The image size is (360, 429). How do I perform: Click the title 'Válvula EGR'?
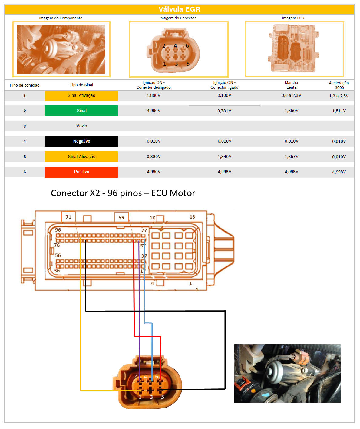coord(179,9)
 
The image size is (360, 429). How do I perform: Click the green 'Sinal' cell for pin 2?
coord(81,111)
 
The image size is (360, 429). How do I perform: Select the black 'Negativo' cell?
coord(81,141)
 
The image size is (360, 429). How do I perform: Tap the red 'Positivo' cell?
coord(81,172)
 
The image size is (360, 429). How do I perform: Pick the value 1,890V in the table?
coord(154,95)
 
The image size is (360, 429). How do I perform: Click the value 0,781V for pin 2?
coord(224,111)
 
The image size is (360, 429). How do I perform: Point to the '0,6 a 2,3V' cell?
coord(291,95)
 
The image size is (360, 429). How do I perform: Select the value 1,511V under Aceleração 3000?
coord(339,111)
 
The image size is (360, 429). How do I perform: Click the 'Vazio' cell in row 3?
coord(81,126)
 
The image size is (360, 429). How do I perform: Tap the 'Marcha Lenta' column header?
coord(291,85)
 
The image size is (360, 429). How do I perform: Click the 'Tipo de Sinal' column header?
coord(81,85)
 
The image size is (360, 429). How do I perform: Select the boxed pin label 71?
coord(68,217)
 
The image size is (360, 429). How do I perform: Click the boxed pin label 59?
coord(121,217)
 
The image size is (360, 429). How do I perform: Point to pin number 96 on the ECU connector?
coord(58,230)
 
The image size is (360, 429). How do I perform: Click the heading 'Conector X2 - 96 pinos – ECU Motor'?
coord(123,193)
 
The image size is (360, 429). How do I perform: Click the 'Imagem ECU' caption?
coord(293,18)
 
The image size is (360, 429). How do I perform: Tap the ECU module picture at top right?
coord(294,48)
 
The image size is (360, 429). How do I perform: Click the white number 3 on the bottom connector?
coord(151,397)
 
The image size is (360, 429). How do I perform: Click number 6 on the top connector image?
coord(187,46)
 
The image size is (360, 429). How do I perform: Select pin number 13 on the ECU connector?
coord(192,217)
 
